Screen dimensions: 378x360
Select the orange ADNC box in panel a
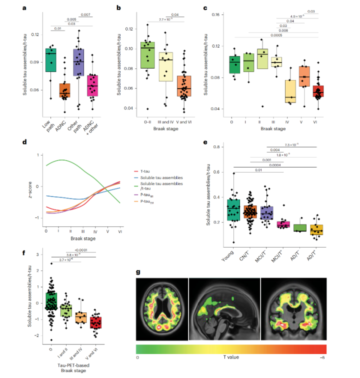(x=64, y=91)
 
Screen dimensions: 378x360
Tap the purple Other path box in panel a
(x=78, y=63)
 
